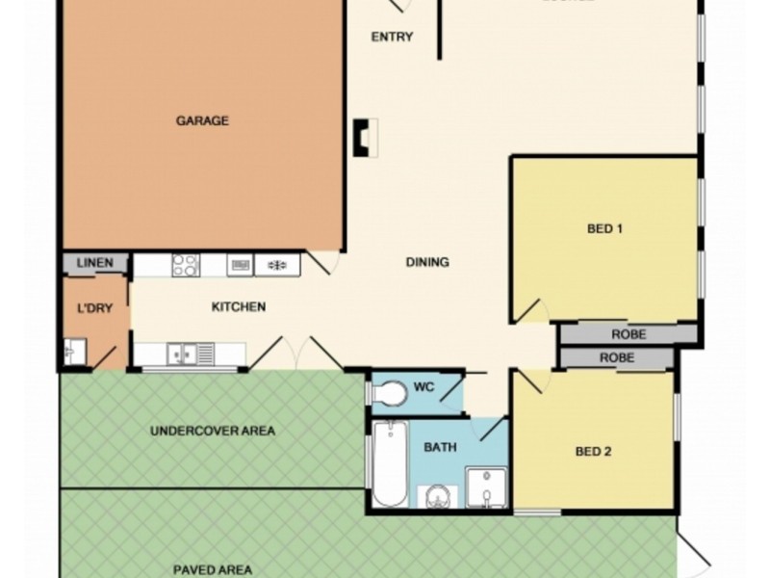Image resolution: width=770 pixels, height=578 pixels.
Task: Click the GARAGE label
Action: (202, 121)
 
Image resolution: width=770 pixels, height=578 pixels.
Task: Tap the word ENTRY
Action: (392, 38)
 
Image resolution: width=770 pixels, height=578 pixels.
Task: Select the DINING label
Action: (427, 262)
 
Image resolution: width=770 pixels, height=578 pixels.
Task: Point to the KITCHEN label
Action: (238, 307)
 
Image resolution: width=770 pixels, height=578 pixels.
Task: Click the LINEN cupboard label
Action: (95, 263)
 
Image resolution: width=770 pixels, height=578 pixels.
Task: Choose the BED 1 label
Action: (605, 229)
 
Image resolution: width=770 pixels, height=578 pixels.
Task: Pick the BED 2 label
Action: (594, 452)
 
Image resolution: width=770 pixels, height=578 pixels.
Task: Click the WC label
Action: (424, 388)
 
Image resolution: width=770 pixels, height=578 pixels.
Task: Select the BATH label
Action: (440, 448)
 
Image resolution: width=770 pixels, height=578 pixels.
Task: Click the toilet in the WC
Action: (389, 393)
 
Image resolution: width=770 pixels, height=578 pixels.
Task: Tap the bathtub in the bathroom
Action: (390, 464)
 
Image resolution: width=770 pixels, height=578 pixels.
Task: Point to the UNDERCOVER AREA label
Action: (213, 431)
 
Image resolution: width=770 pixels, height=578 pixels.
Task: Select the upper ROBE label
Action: (628, 335)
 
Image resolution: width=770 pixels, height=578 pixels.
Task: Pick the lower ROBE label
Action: (617, 357)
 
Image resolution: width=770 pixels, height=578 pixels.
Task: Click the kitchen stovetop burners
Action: (185, 263)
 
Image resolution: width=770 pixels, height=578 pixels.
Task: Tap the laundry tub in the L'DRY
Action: (75, 352)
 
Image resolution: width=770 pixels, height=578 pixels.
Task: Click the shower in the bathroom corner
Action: (488, 487)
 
